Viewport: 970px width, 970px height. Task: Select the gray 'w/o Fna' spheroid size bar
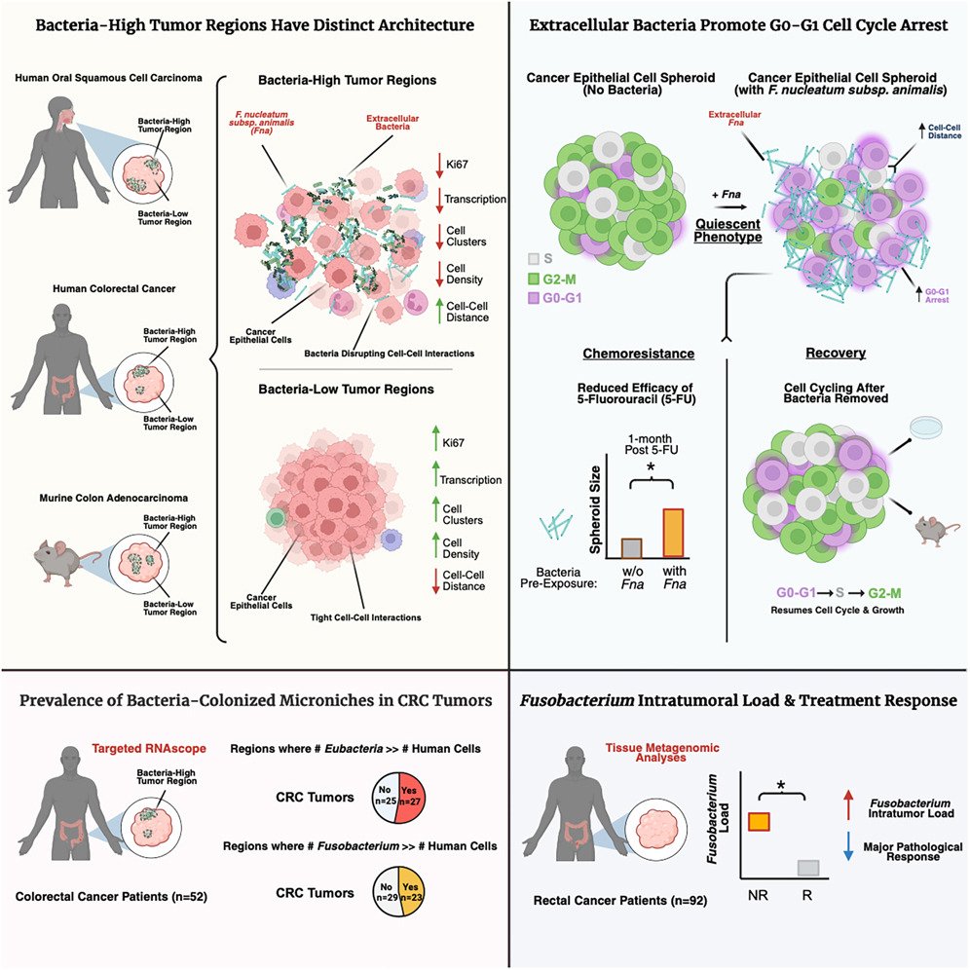pos(631,545)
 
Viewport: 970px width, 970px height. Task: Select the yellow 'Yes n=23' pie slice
pos(409,889)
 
